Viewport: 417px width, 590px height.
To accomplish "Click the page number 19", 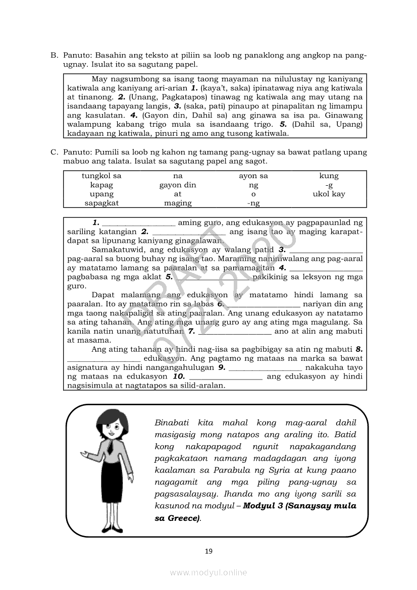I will point(209,551).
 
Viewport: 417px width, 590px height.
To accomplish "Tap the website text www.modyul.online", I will point(209,572).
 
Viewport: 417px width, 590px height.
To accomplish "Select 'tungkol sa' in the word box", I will point(101,176).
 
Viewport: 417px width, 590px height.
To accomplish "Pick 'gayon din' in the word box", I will point(178,185).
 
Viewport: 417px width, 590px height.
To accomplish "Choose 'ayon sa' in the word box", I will point(253,176).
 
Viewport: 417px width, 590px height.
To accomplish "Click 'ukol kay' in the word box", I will point(329,194).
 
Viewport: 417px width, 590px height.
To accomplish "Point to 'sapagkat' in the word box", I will point(101,203).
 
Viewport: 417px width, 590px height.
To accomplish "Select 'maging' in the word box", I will point(178,203).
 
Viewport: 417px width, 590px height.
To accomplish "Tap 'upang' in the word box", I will point(101,194).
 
